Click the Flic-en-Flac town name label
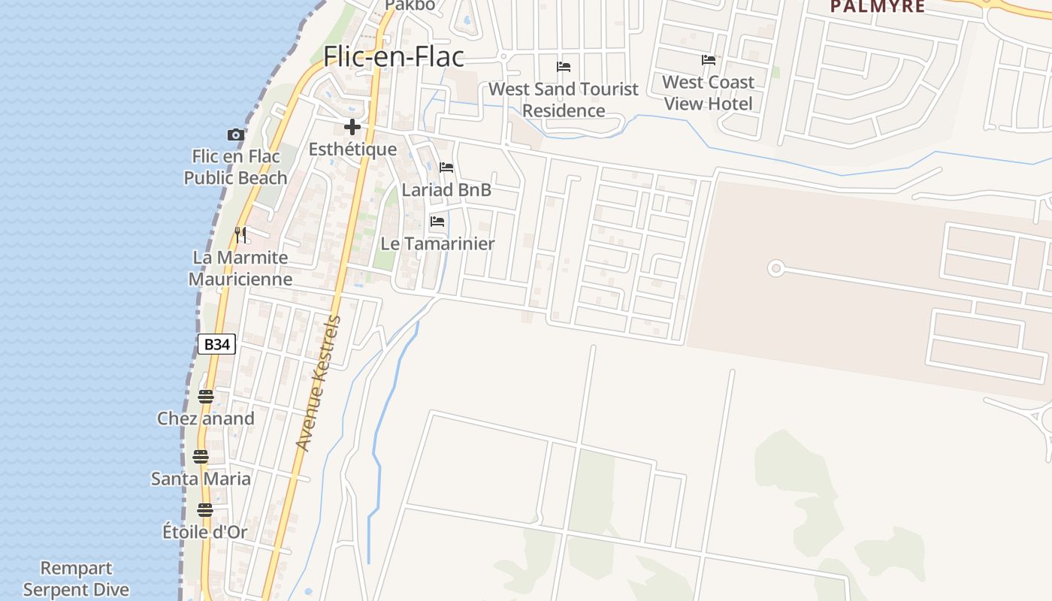394,57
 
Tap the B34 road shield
216,344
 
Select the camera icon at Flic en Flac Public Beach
236,135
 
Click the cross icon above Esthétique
352,127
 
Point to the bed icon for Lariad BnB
446,168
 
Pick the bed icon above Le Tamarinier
437,222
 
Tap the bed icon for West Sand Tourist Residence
564,67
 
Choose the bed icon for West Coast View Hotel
708,60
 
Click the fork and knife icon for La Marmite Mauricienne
240,235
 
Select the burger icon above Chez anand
206,396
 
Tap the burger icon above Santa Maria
201,456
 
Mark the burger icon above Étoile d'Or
205,510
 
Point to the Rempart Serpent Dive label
76,579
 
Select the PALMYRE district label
877,7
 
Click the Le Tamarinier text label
437,243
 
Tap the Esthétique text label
352,149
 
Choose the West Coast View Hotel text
708,92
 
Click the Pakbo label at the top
410,5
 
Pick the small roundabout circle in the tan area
776,268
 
